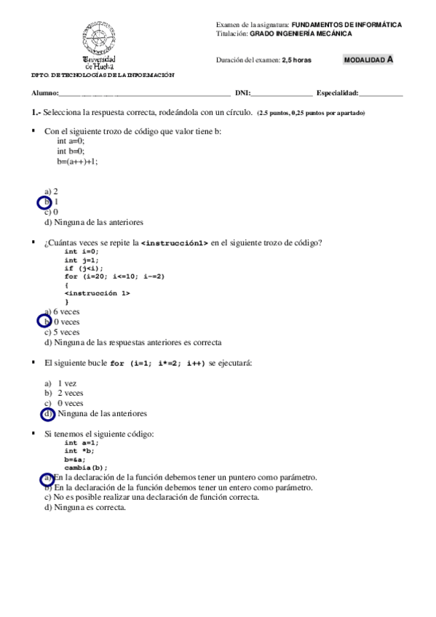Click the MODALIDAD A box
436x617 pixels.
(x=368, y=60)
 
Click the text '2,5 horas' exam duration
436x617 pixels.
(x=296, y=60)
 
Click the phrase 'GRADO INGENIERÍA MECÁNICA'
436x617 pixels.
(x=301, y=33)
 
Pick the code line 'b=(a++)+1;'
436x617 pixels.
(x=78, y=162)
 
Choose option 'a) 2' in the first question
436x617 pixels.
(x=51, y=191)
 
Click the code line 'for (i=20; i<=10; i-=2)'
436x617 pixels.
(x=114, y=276)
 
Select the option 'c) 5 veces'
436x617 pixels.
(x=62, y=332)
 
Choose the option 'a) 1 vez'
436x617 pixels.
(x=60, y=383)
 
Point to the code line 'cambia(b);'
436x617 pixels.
(x=86, y=468)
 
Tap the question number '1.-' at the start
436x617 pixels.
(x=36, y=113)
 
